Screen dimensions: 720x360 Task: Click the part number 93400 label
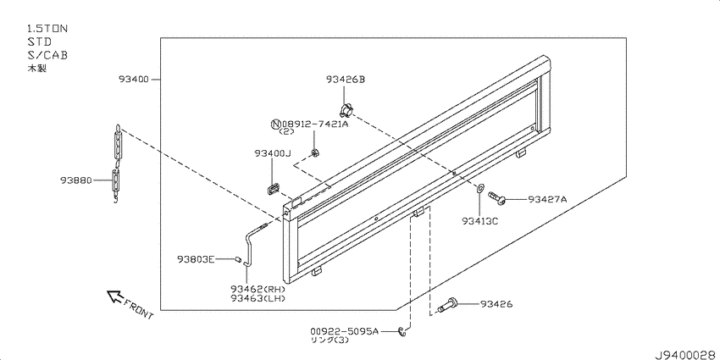pyautogui.click(x=134, y=80)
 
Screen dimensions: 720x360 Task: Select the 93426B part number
pyautogui.click(x=346, y=80)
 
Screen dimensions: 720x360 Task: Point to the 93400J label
pyautogui.click(x=273, y=153)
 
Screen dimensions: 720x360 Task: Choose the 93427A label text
pyautogui.click(x=547, y=199)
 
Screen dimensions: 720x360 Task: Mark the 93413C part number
pyautogui.click(x=480, y=221)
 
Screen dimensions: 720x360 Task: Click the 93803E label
pyautogui.click(x=196, y=259)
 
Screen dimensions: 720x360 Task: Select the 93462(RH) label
pyautogui.click(x=258, y=290)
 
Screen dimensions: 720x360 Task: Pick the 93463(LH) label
pyautogui.click(x=258, y=298)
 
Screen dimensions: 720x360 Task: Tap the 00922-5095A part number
pyautogui.click(x=345, y=330)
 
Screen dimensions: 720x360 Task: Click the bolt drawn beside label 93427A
pyautogui.click(x=496, y=197)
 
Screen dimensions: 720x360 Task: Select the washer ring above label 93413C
pyautogui.click(x=479, y=188)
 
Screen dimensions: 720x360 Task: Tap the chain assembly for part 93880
pyautogui.click(x=117, y=162)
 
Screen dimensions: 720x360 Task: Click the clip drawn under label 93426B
pyautogui.click(x=346, y=110)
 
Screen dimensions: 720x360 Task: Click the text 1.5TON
pyautogui.click(x=47, y=29)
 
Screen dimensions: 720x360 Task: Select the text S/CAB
pyautogui.click(x=47, y=55)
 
